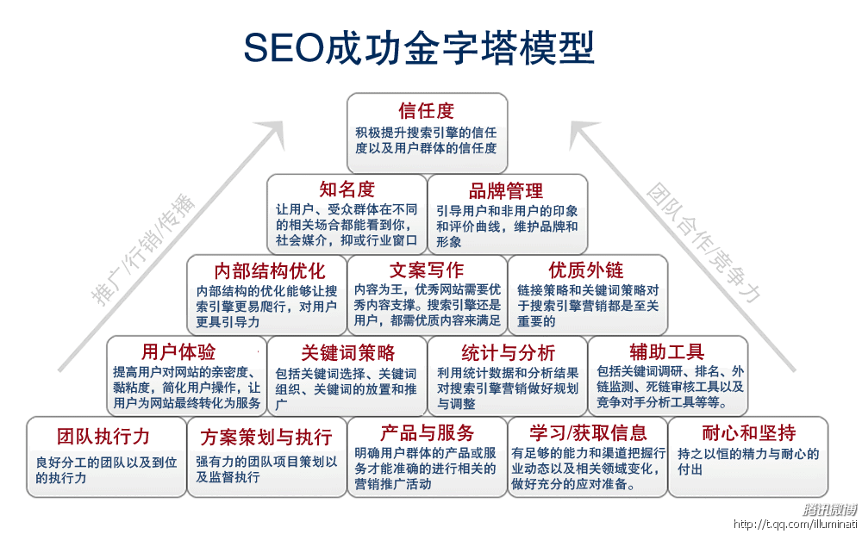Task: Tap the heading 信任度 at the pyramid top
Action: (x=427, y=111)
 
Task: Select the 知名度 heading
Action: (x=347, y=190)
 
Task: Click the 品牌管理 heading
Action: (x=506, y=190)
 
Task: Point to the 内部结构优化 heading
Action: (x=270, y=270)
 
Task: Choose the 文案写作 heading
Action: (x=427, y=270)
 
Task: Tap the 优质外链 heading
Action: (x=586, y=270)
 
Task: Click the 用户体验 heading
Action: (x=178, y=352)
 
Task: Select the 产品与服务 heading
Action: (x=428, y=432)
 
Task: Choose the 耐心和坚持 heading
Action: (x=748, y=432)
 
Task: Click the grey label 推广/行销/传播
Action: (x=144, y=251)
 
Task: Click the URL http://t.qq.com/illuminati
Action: (x=795, y=524)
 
